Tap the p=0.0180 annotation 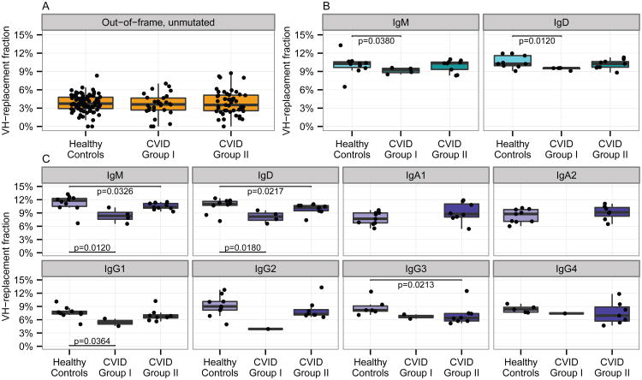[241, 248]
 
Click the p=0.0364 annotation [92, 341]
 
